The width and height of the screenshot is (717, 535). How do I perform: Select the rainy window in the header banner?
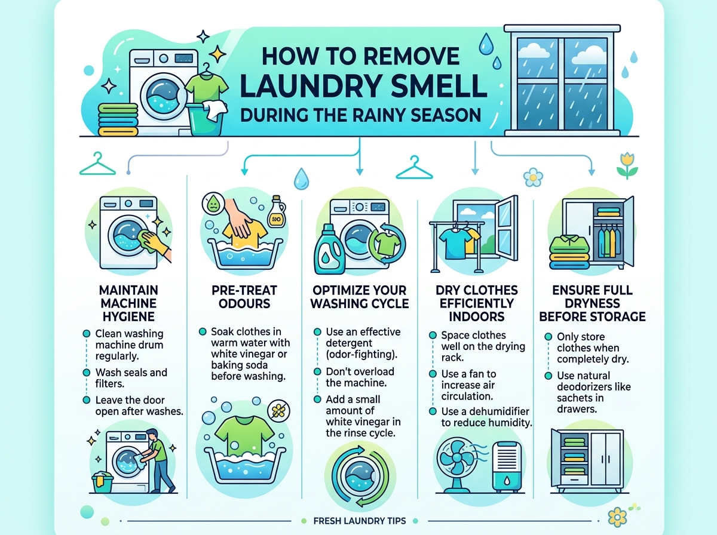tap(562, 80)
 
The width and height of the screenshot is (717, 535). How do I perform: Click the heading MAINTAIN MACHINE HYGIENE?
tap(128, 303)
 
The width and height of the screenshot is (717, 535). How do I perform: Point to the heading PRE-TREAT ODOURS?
tap(244, 297)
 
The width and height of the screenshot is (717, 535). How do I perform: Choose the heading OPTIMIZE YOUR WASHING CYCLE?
tap(359, 297)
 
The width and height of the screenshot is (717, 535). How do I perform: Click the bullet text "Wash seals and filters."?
tap(131, 378)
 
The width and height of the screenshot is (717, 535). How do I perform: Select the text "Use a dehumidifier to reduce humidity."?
tap(486, 417)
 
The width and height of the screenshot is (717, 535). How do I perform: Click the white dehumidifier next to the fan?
tap(506, 466)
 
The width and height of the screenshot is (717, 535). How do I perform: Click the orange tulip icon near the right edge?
tap(627, 166)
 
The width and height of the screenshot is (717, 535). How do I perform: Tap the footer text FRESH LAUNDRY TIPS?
tap(359, 521)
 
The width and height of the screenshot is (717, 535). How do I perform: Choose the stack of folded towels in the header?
tap(118, 119)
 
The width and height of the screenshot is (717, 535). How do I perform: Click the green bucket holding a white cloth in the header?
tap(207, 118)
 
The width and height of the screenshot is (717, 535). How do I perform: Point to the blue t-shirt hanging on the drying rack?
tap(452, 242)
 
